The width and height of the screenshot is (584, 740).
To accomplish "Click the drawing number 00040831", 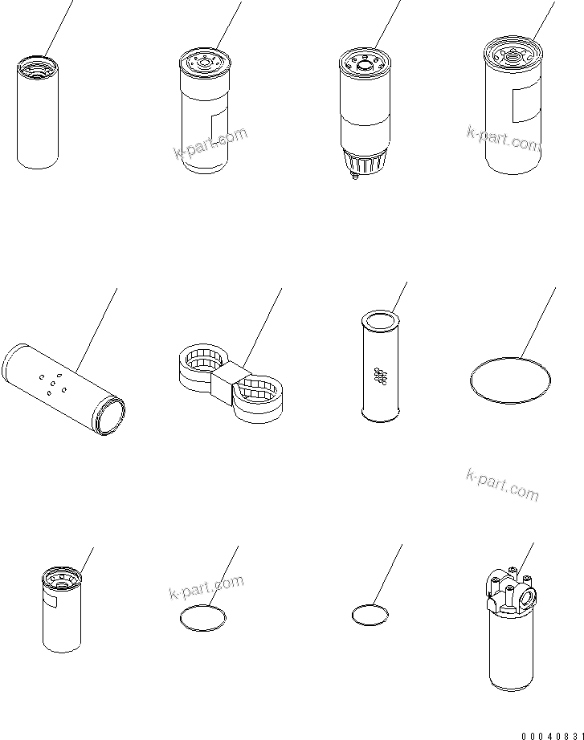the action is (x=553, y=736).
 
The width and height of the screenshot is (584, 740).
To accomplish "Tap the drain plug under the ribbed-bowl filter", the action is (x=354, y=177).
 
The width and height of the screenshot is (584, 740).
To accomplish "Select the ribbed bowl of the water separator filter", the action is (x=364, y=162).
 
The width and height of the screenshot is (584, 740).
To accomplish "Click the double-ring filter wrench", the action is (x=231, y=382).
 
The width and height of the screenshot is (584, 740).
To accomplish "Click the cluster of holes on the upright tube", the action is (x=380, y=376).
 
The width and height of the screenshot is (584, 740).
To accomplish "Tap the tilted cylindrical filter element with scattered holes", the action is (x=63, y=389).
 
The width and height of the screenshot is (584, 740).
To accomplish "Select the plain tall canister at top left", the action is (x=38, y=112).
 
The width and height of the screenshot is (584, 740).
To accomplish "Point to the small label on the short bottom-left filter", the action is (x=50, y=601).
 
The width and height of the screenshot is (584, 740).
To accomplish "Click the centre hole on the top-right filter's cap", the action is (x=511, y=58).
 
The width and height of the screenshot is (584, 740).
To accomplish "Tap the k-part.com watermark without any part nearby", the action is (x=502, y=485).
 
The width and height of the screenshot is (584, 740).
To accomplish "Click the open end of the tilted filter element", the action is (x=111, y=414).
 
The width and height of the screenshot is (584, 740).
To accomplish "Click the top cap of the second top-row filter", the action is (x=205, y=63).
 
